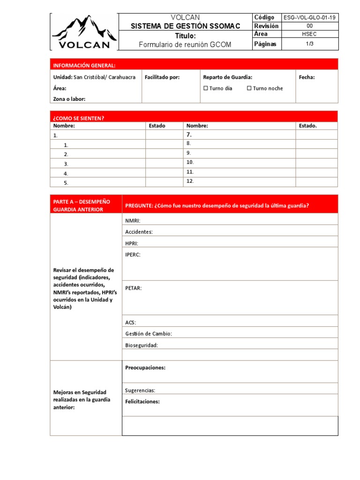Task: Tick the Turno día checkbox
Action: pos(206,88)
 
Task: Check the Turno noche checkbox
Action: pos(249,88)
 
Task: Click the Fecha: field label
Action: pos(307,77)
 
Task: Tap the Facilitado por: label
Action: pos(162,77)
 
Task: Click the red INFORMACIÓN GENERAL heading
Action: pos(84,65)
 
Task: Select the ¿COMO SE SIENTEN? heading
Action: pos(79,118)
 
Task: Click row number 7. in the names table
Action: pos(189,135)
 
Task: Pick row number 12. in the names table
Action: pos(190,181)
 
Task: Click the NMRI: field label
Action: pos(133,220)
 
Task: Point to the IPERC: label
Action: pos(133,255)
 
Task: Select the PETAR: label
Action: pos(134,288)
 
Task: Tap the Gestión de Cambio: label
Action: pos(149,334)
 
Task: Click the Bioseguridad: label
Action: pos(142,345)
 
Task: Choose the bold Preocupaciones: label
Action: pos(145,368)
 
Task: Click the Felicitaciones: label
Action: pos(142,402)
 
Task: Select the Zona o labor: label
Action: pos(69,99)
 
